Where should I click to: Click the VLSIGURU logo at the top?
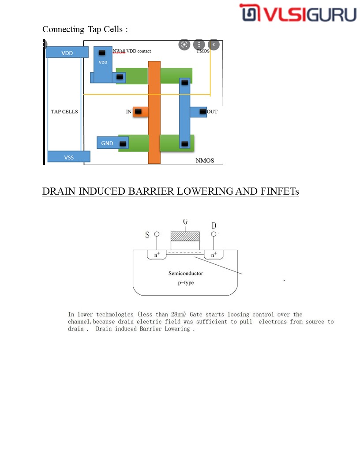[298, 13]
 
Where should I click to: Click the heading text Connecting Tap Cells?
[85, 30]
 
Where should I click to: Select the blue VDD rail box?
[67, 53]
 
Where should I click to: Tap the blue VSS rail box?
[69, 157]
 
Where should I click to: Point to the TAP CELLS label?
[64, 112]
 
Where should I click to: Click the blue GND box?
[107, 143]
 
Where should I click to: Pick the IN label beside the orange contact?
[129, 112]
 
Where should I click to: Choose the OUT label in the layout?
[212, 112]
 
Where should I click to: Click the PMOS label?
[203, 51]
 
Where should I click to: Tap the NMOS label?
[205, 161]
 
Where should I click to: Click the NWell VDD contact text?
[131, 51]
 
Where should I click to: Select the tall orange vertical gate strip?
[154, 112]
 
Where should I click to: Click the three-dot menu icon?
[199, 45]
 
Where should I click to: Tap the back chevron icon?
[214, 45]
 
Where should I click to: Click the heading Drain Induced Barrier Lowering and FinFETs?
[170, 192]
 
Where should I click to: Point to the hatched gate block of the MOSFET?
[185, 236]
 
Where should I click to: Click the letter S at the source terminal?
[147, 235]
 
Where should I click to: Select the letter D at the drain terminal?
[214, 226]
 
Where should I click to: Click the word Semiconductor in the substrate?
[186, 274]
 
